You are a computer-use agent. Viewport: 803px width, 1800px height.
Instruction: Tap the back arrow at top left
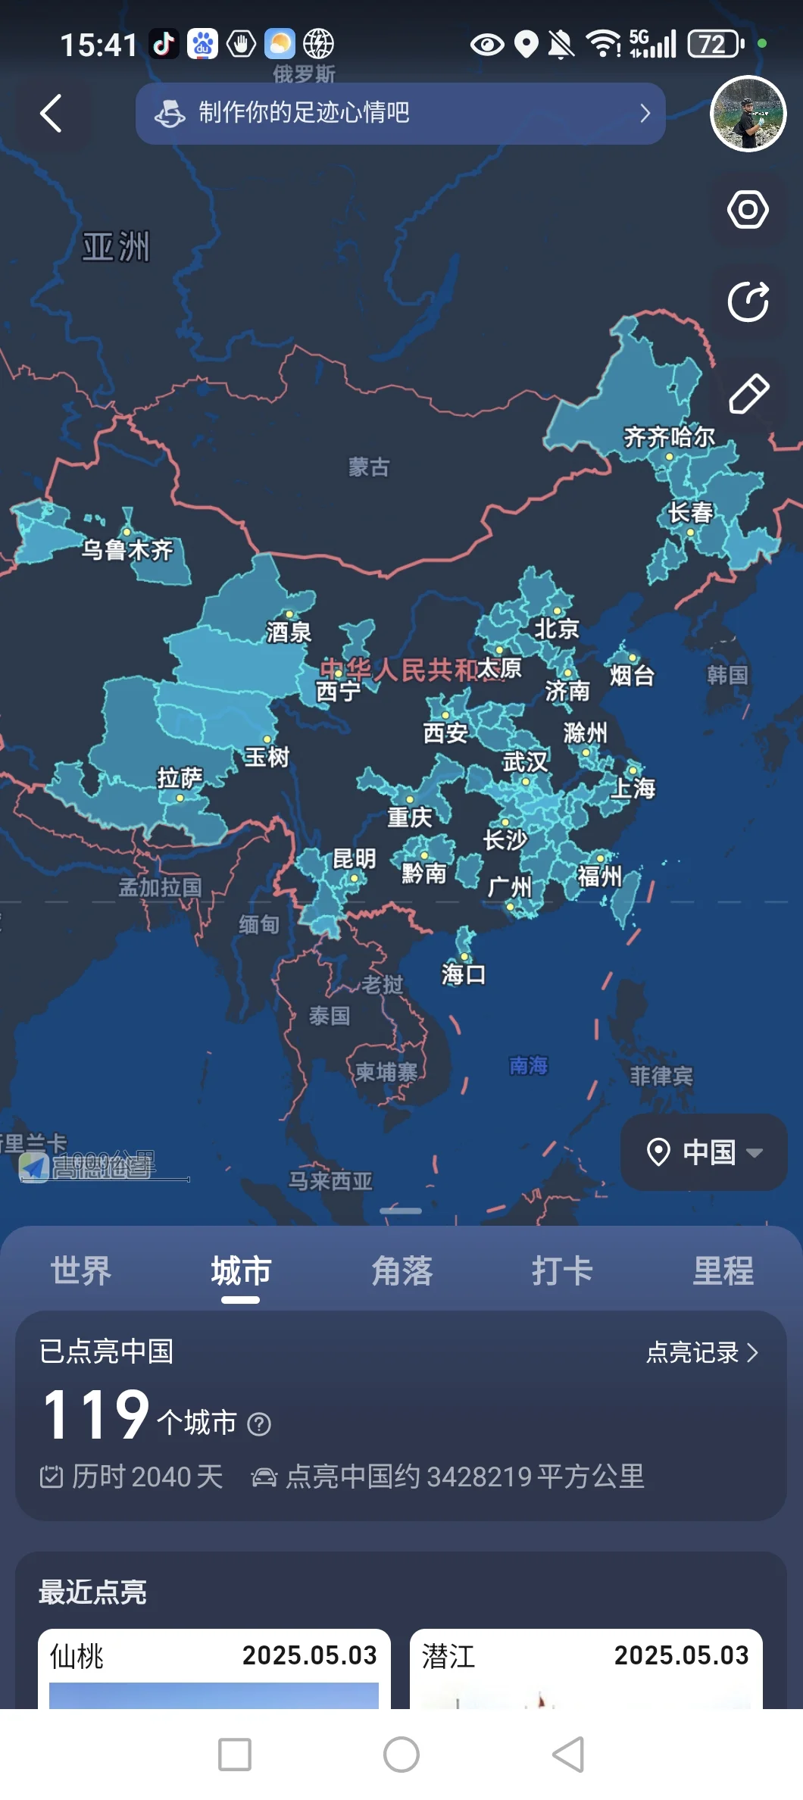coord(51,114)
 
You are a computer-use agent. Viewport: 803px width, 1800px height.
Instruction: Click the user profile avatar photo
coord(748,114)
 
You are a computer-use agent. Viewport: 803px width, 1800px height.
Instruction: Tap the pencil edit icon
coord(748,393)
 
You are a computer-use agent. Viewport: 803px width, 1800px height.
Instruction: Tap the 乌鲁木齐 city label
coord(127,549)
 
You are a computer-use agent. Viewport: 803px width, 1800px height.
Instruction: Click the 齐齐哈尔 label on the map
coord(669,437)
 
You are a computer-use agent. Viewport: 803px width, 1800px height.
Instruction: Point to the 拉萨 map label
coord(180,778)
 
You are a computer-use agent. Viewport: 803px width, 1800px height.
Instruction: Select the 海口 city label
coord(463,973)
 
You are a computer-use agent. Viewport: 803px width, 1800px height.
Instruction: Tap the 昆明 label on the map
coord(354,858)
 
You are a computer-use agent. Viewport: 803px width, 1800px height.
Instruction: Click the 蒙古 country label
coord(369,467)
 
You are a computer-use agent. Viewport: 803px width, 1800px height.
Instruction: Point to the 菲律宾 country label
coord(661,1076)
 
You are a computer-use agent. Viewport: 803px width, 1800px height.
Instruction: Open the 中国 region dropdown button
coord(704,1152)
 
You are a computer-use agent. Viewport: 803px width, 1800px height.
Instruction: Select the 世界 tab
coord(80,1270)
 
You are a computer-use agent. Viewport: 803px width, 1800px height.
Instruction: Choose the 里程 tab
coord(723,1270)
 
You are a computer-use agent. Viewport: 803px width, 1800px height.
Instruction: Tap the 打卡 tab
coord(562,1270)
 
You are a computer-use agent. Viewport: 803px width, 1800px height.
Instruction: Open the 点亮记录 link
coord(701,1352)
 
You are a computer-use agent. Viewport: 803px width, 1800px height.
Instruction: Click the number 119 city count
coord(97,1414)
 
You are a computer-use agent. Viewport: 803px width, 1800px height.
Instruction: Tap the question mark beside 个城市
coord(259,1425)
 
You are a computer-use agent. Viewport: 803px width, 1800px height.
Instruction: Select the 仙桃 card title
coord(77,1656)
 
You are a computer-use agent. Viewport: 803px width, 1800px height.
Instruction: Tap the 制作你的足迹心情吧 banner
coord(400,114)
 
